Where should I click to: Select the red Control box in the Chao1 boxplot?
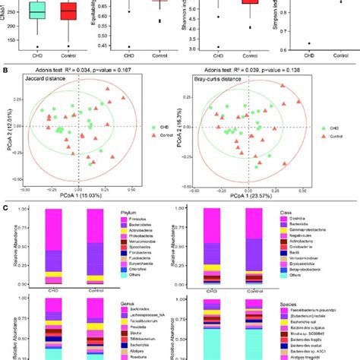coord(68,12)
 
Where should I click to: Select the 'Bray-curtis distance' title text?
coord(219,79)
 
